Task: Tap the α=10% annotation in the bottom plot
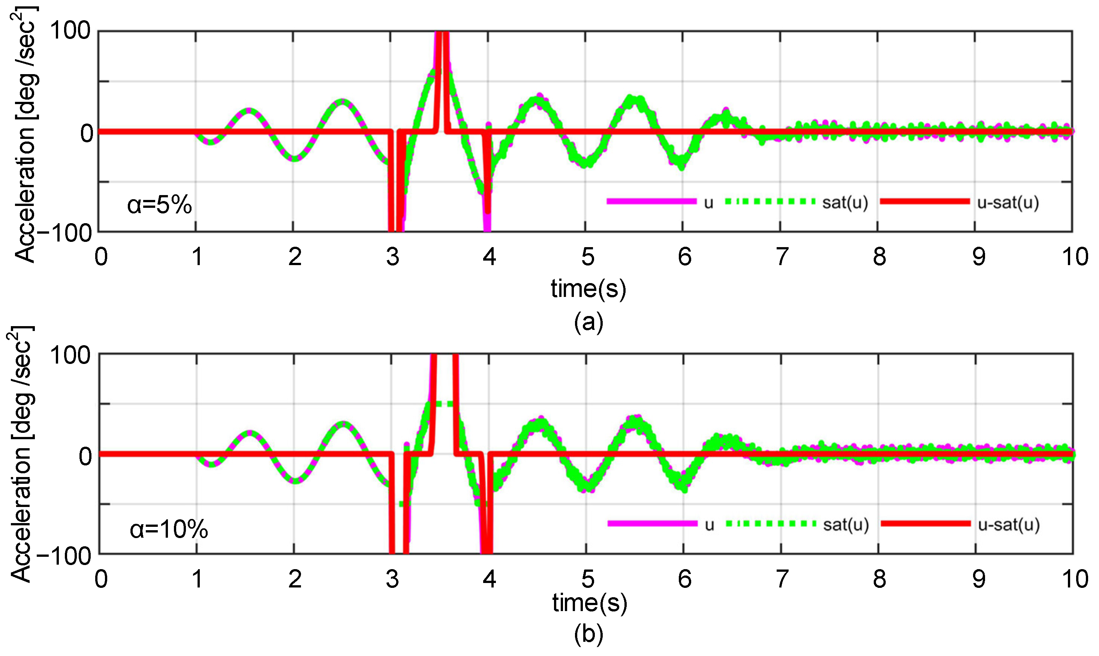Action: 169,529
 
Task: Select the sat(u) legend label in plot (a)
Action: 845,203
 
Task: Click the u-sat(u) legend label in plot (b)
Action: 1008,525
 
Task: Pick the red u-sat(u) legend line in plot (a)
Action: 925,201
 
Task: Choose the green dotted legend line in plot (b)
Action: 770,524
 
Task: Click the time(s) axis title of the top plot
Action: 588,289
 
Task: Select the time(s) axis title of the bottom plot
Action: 589,602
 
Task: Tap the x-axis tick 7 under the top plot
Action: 782,257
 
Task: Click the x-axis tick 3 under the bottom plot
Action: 392,579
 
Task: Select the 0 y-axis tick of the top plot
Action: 87,132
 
